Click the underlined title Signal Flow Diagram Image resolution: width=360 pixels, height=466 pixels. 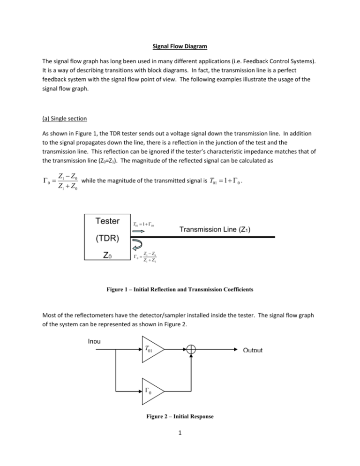pyautogui.click(x=180, y=47)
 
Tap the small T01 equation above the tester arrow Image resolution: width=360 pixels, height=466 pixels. pyautogui.click(x=142, y=224)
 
